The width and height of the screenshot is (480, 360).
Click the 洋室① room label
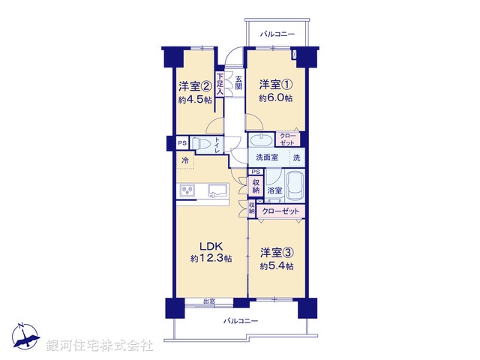tap(274, 84)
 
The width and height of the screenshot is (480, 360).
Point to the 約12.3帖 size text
tap(210, 259)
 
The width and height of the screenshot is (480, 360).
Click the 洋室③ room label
tap(276, 253)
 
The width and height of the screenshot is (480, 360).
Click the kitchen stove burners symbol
tap(187, 191)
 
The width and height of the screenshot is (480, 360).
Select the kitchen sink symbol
tap(218, 190)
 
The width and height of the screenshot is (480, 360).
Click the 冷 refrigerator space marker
tap(184, 160)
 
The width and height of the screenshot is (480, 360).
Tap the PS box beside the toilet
tap(181, 142)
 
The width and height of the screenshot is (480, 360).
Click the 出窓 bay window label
tap(209, 302)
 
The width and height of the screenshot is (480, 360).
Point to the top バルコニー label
tap(277, 34)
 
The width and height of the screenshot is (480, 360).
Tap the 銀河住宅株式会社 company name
tap(99, 346)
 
